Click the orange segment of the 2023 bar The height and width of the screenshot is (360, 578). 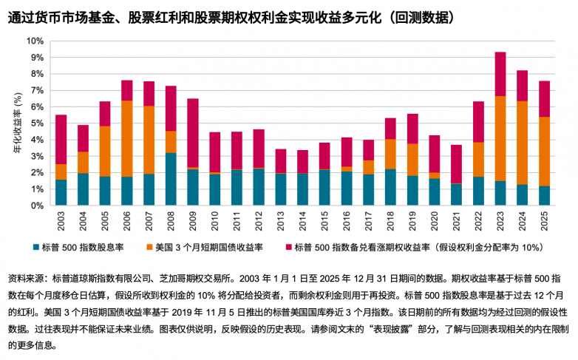500,139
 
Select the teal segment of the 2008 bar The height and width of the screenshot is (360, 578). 171,179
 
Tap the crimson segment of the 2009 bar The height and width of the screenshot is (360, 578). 193,133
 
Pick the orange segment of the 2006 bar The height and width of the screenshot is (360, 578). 127,139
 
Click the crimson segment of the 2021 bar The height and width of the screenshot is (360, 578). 456,164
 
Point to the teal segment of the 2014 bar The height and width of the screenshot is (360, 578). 302,189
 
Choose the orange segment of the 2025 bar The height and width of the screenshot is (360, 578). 544,152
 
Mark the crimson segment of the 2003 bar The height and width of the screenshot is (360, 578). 61,140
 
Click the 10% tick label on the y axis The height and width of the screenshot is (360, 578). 35,41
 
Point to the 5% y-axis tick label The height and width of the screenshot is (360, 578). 37,123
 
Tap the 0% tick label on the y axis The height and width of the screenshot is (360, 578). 37,206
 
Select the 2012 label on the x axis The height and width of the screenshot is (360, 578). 259,221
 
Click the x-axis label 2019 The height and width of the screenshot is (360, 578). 412,221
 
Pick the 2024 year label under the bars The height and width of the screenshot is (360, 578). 523,221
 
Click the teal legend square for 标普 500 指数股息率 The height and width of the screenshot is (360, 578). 36,247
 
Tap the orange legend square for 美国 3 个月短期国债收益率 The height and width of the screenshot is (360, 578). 149,247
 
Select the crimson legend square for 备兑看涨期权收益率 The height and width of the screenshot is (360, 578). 289,247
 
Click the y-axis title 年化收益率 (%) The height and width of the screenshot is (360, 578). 18,123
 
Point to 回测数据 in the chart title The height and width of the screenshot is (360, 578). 423,17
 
